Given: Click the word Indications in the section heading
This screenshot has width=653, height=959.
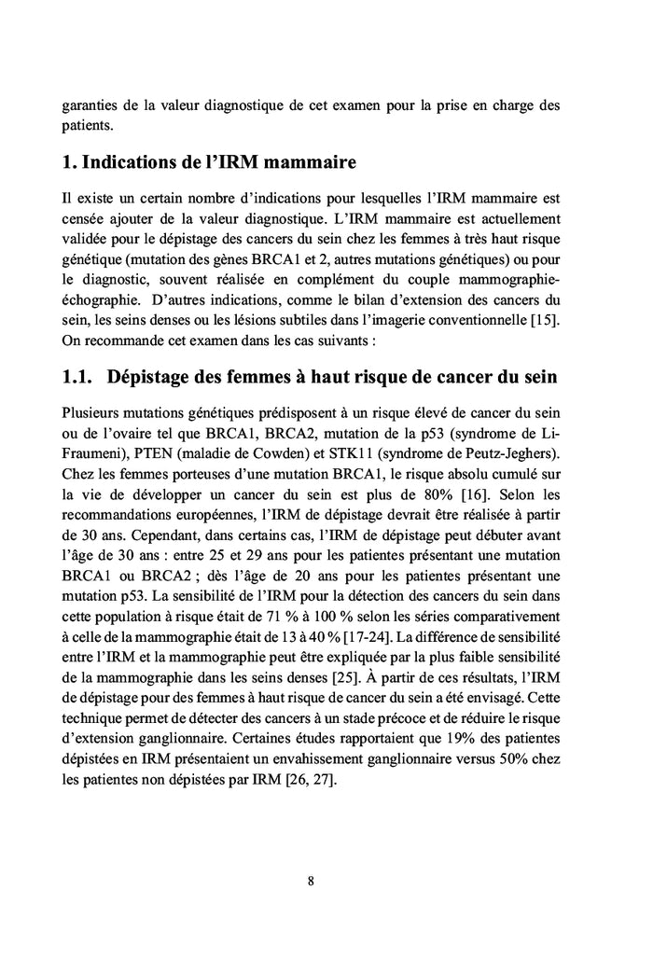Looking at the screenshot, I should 137,164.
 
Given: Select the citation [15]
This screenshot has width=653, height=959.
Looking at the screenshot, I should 542,322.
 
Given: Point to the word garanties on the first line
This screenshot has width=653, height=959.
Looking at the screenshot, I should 90,104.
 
